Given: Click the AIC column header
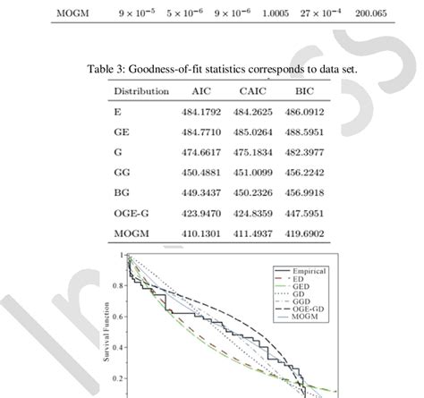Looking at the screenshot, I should coord(200,90).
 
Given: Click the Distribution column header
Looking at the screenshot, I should coord(142,90).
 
